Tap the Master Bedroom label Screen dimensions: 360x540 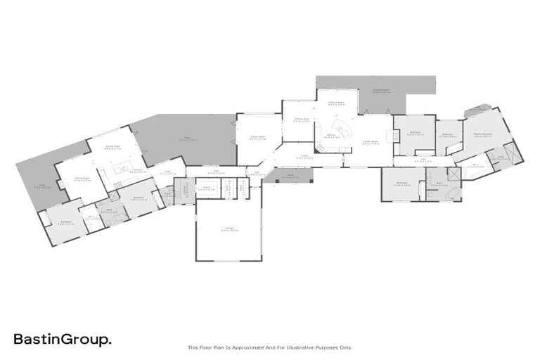click(x=482, y=135)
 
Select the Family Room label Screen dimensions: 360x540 click(x=371, y=142)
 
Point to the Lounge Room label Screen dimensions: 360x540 click(x=257, y=138)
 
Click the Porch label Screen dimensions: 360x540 click(x=290, y=177)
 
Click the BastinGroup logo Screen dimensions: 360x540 click(x=63, y=340)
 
